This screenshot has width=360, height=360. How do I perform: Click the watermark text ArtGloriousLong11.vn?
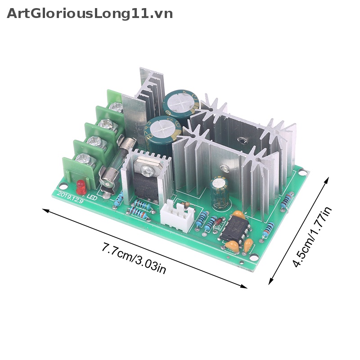pyautogui.click(x=90, y=13)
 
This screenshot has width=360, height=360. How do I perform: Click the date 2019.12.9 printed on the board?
pyautogui.click(x=70, y=195)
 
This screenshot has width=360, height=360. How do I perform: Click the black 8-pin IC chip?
pyautogui.click(x=235, y=230)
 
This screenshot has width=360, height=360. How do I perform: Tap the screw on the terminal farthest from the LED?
pyautogui.click(x=116, y=107)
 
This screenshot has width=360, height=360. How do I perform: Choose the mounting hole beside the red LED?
pyautogui.click(x=63, y=185)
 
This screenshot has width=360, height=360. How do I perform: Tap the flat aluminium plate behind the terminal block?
pyautogui.click(x=134, y=117)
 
